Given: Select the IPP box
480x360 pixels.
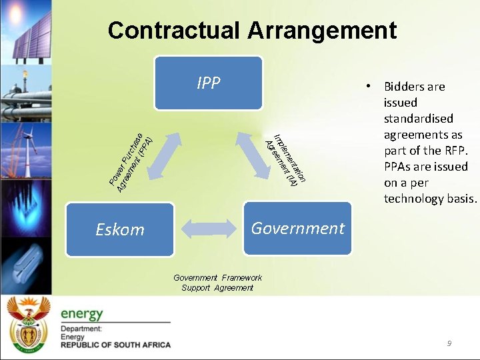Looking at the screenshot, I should (x=208, y=83).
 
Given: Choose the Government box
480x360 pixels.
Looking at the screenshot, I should (x=297, y=228).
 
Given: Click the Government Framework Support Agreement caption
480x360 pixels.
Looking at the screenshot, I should (x=217, y=283).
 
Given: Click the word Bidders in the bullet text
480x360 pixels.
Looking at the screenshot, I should (x=404, y=87).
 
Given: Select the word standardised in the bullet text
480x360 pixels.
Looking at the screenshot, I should (x=418, y=119).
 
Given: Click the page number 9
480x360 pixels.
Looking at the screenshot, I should (x=449, y=343).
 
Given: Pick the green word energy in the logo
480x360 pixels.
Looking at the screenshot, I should (x=82, y=313).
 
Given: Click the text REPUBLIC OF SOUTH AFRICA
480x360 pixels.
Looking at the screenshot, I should (x=115, y=345).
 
